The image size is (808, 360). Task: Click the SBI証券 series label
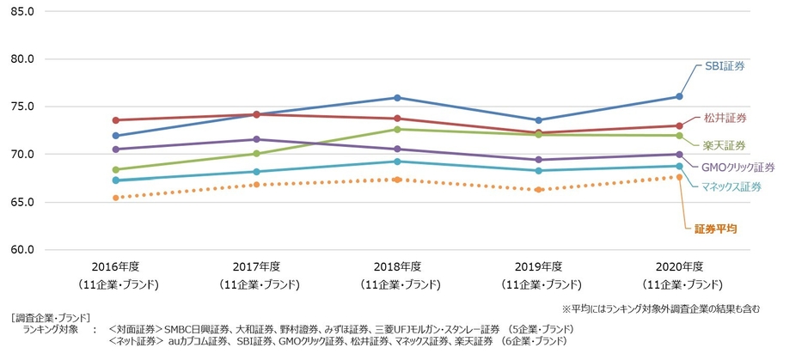coord(724,65)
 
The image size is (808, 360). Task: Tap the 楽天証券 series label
coord(725,144)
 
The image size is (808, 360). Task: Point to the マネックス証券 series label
coord(730,186)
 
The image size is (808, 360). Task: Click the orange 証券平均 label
coord(715,229)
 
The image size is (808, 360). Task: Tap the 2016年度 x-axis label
coord(114,266)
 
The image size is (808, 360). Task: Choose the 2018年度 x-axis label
coord(396,266)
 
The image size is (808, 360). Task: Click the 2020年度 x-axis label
coord(679,266)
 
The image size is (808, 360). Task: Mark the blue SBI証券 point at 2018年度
coord(397,98)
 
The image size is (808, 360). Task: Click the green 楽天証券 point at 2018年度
coord(397,129)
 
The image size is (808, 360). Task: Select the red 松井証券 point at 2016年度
coord(115,120)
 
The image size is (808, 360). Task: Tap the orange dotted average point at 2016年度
coord(115,198)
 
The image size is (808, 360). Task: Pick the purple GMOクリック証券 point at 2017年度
coord(256,139)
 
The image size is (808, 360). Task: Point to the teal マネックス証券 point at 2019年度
coord(538,171)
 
